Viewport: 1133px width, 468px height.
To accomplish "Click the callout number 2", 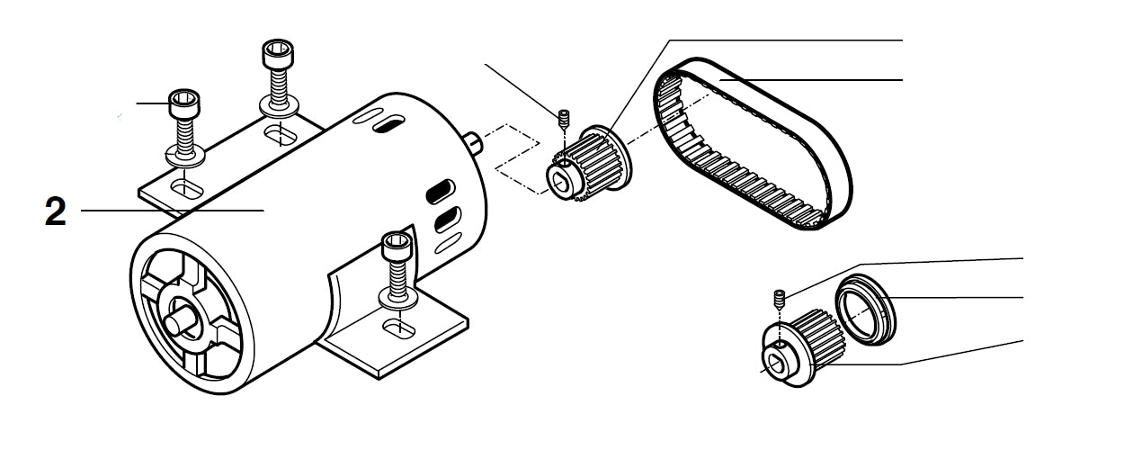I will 55,212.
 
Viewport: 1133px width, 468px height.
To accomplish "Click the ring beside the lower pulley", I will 864,309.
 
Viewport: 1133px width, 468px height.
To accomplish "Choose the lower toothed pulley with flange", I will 797,346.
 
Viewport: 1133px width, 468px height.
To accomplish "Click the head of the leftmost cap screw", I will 184,103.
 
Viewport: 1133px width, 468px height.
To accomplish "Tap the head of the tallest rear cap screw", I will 275,54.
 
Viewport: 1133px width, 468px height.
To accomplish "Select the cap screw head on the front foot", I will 396,245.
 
